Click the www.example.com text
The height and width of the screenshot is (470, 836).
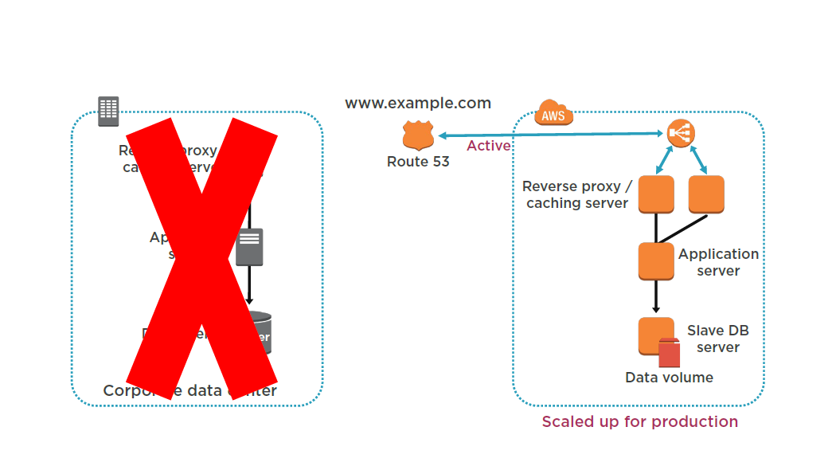click(x=418, y=104)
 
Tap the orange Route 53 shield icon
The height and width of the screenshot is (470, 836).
click(x=418, y=135)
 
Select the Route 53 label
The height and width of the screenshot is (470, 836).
click(x=418, y=162)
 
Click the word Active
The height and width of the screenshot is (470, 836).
click(x=488, y=146)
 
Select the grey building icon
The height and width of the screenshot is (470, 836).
click(x=108, y=112)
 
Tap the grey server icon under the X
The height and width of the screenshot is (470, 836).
click(x=249, y=247)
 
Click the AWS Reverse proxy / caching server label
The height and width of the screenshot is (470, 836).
click(x=577, y=195)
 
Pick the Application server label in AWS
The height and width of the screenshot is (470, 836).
click(x=718, y=262)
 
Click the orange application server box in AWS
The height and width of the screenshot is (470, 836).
click(x=656, y=261)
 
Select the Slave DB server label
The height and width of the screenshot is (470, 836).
click(x=717, y=339)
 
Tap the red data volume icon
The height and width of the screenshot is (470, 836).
click(x=669, y=352)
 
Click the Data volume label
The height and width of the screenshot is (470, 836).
click(x=669, y=378)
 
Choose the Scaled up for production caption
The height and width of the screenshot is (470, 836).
click(x=640, y=421)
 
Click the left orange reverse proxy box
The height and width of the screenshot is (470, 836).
click(x=656, y=194)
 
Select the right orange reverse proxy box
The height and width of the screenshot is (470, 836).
click(x=705, y=194)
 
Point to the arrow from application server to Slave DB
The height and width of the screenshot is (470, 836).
click(x=656, y=296)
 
